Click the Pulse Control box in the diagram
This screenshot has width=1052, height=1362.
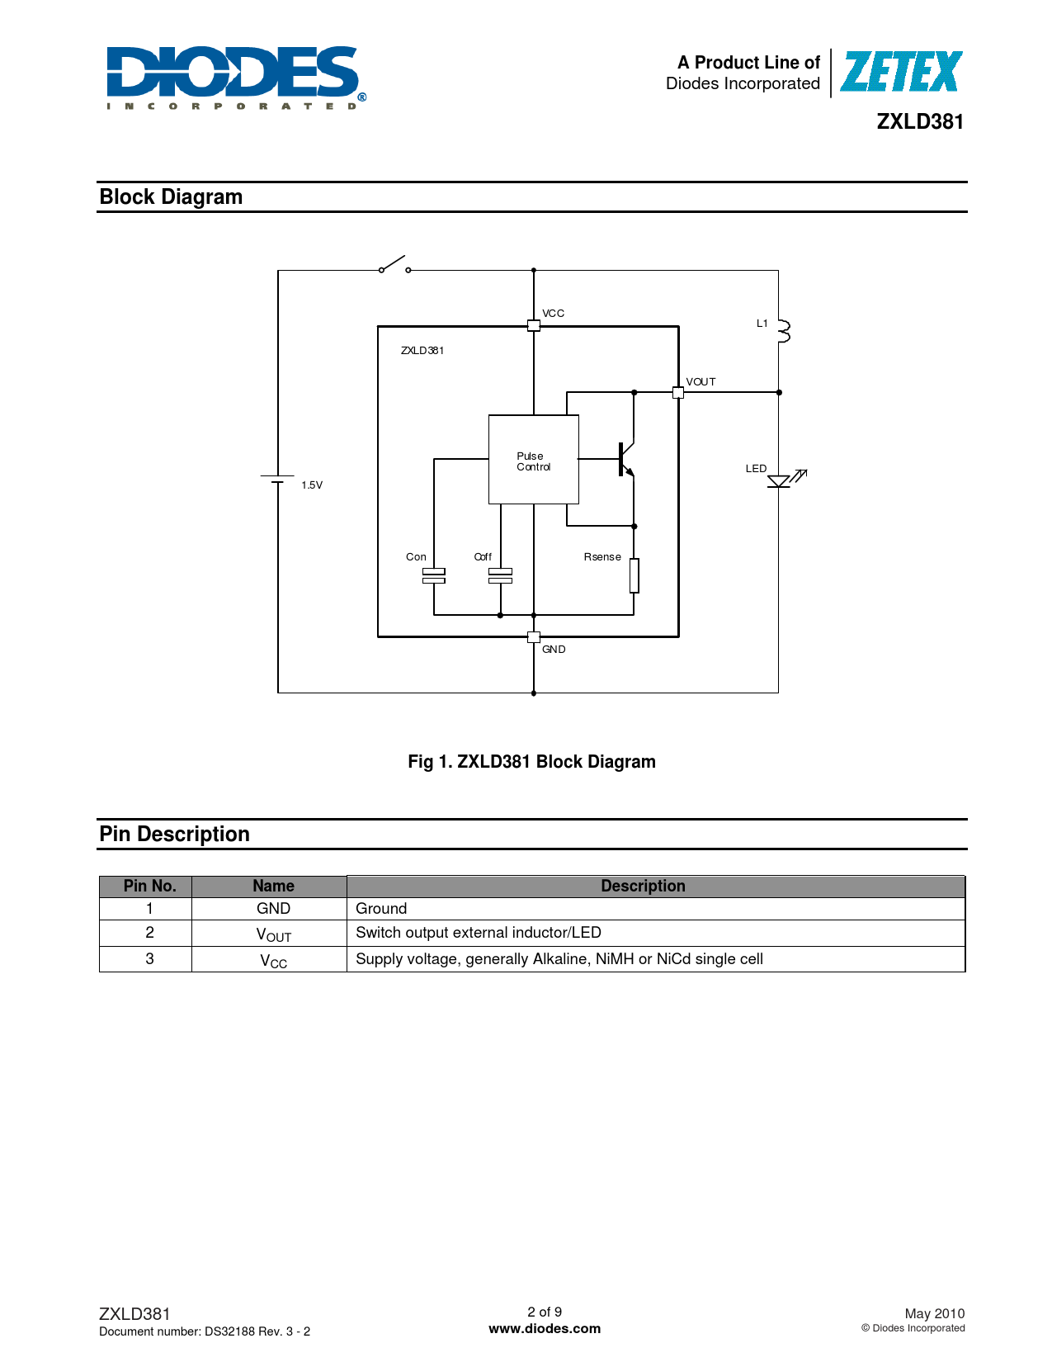(x=533, y=460)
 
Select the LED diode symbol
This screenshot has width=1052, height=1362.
(x=783, y=480)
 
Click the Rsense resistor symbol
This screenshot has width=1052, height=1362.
(x=634, y=575)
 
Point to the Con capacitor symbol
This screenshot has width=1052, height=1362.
(x=433, y=576)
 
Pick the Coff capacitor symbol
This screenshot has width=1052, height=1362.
(x=500, y=576)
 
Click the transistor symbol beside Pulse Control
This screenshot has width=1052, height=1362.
(x=626, y=460)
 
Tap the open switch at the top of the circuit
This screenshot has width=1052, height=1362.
(x=394, y=265)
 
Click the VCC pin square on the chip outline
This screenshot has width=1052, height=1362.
(x=533, y=326)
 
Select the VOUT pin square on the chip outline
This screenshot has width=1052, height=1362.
(x=678, y=393)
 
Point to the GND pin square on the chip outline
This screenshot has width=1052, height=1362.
(x=533, y=637)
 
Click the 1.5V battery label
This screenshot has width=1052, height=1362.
(x=312, y=485)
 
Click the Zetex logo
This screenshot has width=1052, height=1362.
(x=900, y=72)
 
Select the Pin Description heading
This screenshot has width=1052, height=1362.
(x=174, y=835)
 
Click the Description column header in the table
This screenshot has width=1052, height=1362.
(x=643, y=886)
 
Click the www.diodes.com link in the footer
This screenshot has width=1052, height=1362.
(x=545, y=1329)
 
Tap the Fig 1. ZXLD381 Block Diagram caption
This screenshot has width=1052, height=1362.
(x=531, y=762)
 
